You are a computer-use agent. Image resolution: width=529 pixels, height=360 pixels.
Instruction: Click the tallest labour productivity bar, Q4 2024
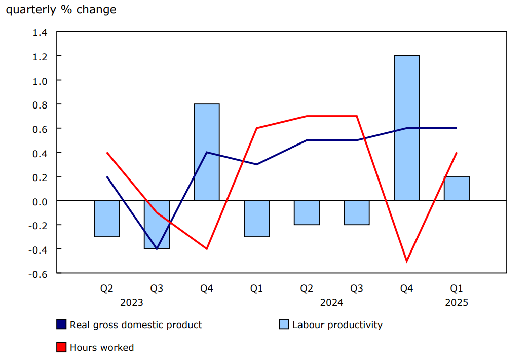tap(406, 128)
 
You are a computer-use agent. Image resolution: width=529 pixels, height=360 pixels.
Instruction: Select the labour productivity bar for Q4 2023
tap(207, 152)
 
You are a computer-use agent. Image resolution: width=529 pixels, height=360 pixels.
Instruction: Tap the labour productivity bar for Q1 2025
tap(457, 189)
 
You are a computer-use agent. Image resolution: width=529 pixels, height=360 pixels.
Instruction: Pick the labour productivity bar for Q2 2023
tap(106, 219)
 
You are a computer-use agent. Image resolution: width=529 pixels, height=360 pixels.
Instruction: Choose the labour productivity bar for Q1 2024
tap(257, 219)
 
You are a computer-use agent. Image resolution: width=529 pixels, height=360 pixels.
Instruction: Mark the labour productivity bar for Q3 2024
tap(357, 212)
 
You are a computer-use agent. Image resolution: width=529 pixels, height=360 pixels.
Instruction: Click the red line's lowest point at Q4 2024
tap(406, 261)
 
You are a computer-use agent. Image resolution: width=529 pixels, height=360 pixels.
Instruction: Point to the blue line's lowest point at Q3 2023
tap(157, 249)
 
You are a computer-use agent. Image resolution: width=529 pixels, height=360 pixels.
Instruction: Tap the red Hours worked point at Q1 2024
tap(257, 128)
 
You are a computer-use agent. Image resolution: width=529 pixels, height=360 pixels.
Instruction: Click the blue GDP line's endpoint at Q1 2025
tap(457, 128)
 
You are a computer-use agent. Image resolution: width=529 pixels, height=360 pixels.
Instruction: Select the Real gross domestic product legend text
tap(136, 325)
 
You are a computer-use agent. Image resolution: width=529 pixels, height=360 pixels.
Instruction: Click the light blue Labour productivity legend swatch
tap(284, 325)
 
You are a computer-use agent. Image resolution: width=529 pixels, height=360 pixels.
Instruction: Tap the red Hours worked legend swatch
tap(61, 347)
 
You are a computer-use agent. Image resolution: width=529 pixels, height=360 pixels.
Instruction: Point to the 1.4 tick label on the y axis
tap(40, 32)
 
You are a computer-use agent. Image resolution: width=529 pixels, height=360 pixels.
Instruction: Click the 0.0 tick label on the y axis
tap(40, 201)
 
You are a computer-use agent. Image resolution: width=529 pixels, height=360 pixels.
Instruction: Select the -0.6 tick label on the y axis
tap(38, 274)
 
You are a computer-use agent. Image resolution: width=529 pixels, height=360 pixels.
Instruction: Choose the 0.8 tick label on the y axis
tap(40, 105)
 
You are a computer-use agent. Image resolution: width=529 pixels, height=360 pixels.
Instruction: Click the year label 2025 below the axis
tap(457, 303)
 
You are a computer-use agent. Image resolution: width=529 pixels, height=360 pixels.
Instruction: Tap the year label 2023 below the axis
tap(131, 303)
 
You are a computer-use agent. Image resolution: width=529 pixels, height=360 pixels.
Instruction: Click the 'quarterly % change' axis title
tap(61, 10)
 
